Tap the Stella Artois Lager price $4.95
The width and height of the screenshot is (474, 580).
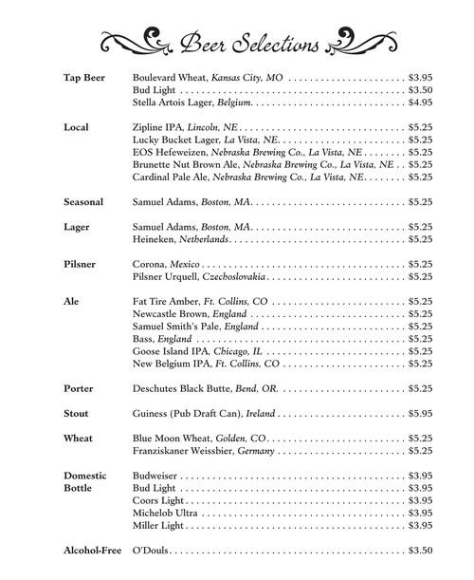click(x=420, y=101)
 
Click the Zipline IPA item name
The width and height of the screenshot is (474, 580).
click(x=155, y=126)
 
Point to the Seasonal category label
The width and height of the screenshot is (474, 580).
click(x=82, y=202)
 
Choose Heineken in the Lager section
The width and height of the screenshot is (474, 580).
click(x=155, y=240)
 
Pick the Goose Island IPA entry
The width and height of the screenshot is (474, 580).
click(x=174, y=351)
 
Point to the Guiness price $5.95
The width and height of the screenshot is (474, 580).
click(x=420, y=414)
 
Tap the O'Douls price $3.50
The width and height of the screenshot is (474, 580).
click(x=420, y=551)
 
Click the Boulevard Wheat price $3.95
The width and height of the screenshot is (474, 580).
click(x=420, y=76)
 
